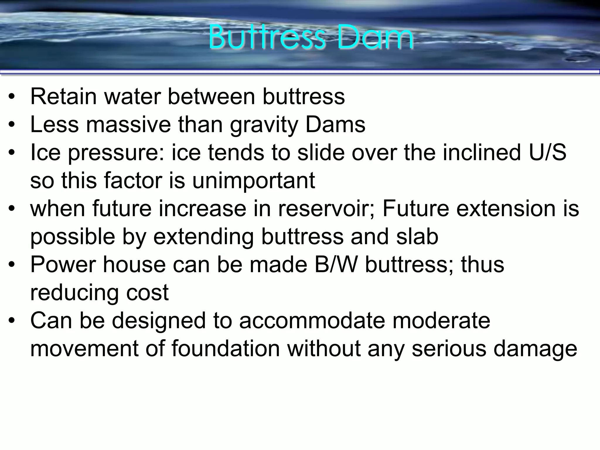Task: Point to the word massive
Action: click(128, 125)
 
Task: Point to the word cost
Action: click(147, 292)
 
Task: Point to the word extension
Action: click(506, 209)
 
